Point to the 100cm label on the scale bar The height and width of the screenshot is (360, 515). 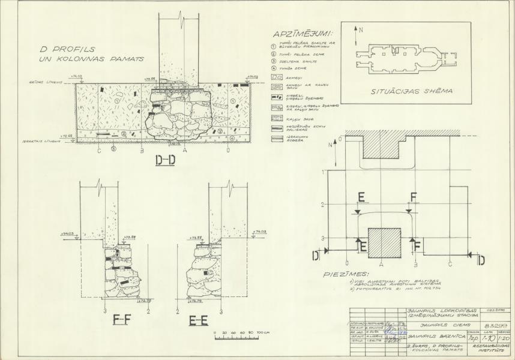tap(262, 332)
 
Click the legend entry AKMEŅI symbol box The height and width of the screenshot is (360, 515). tap(278, 77)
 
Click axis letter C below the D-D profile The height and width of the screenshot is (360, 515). tap(98, 150)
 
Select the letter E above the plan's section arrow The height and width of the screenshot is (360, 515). tap(361, 196)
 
